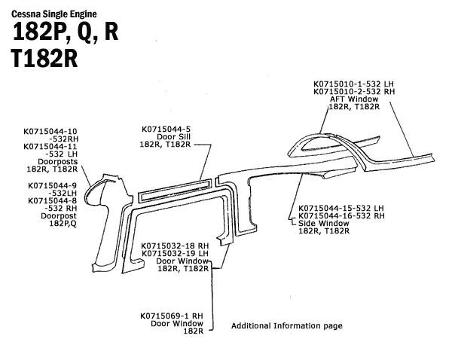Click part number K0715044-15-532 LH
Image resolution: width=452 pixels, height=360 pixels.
[341, 208]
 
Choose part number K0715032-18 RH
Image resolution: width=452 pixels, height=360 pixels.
[175, 246]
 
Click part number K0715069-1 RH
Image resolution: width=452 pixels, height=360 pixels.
[172, 316]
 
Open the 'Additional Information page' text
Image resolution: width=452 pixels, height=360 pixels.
[286, 326]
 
